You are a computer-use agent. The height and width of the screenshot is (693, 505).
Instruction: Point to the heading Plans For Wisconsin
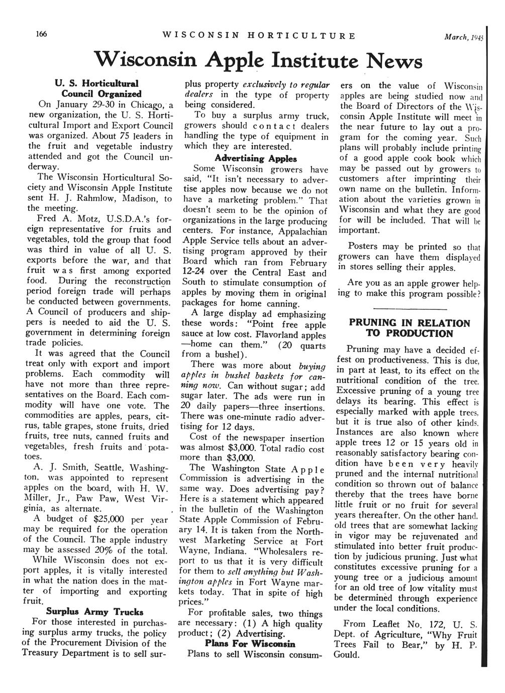pyautogui.click(x=250, y=644)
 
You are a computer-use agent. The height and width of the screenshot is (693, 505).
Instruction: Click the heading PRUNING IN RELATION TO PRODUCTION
pyautogui.click(x=410, y=328)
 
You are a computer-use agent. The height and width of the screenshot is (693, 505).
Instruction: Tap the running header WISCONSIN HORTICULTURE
pyautogui.click(x=259, y=36)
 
